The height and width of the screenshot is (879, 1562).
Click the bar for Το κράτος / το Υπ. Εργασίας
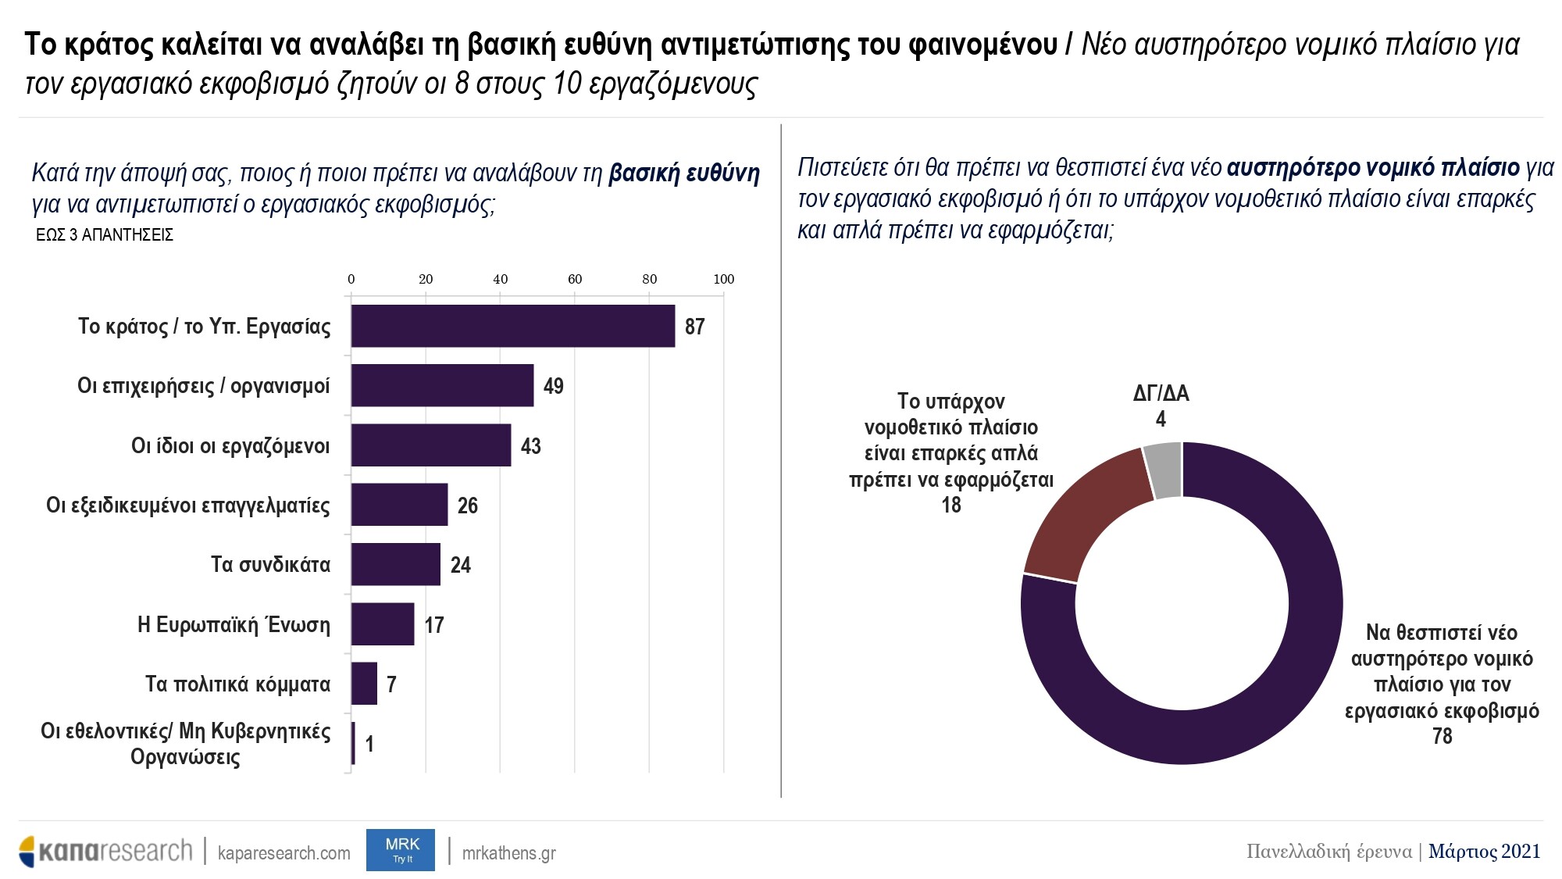tap(512, 326)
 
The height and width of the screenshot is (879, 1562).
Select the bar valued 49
tap(442, 385)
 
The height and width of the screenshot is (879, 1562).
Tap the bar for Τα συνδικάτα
tap(395, 564)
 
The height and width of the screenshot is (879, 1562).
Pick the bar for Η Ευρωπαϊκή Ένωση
tap(383, 624)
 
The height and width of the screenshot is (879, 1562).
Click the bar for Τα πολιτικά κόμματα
tap(364, 684)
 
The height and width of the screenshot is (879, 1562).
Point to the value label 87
tap(694, 327)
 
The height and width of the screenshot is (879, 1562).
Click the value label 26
tap(467, 506)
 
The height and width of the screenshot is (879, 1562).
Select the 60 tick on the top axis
tap(575, 279)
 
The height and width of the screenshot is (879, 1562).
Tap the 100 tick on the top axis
tap(724, 279)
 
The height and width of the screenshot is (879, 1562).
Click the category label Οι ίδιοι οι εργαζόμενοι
tap(230, 446)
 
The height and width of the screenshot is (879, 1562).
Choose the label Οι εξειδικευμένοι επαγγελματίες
tap(187, 506)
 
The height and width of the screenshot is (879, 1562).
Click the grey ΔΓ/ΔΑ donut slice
tap(1164, 470)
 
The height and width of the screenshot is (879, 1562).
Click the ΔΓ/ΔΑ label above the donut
tap(1161, 393)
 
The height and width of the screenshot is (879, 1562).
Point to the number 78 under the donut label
tap(1442, 736)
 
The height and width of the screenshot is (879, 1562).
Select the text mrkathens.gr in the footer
tap(508, 852)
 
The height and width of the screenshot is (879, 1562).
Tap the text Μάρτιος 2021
tap(1484, 851)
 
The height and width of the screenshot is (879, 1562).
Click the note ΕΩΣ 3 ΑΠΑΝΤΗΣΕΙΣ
tap(105, 235)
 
